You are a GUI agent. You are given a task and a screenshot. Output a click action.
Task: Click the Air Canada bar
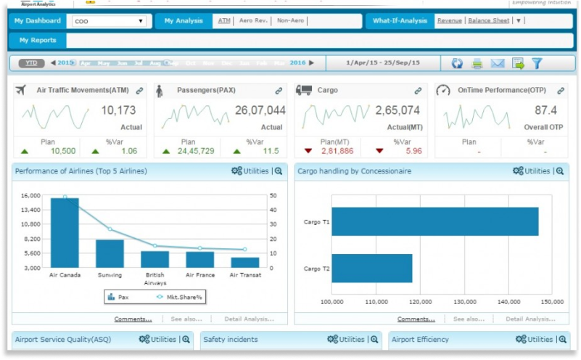tap(65, 232)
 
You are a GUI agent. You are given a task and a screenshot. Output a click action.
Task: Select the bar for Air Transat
tap(244, 262)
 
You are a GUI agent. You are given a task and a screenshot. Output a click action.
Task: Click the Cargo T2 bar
tap(371, 268)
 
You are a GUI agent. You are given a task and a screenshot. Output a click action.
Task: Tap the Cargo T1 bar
tap(434, 221)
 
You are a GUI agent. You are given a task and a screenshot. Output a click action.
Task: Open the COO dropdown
tap(110, 21)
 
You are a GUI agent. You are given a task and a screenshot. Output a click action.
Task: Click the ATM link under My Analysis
tap(224, 21)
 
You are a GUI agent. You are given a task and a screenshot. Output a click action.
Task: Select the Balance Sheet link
tap(488, 21)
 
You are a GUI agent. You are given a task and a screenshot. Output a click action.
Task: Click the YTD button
tap(31, 63)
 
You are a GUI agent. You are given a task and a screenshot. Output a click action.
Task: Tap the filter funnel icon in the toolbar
tap(537, 63)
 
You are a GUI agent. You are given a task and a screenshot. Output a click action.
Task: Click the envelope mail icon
tap(497, 63)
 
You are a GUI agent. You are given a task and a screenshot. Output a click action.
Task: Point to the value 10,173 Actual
tap(118, 111)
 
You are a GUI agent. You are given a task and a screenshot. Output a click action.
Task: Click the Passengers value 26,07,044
tap(260, 111)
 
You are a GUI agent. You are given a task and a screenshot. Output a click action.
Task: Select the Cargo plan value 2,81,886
tap(337, 151)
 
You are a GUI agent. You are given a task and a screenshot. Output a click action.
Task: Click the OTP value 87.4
tap(545, 111)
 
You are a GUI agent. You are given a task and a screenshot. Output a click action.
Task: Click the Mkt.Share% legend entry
tap(178, 297)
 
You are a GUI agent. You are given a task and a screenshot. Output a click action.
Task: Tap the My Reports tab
tap(38, 40)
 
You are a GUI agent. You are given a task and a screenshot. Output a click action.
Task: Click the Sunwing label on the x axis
tap(110, 275)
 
